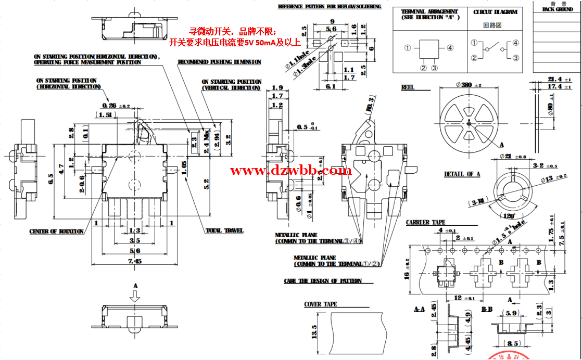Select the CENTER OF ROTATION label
point(56,232)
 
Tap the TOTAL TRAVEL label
point(224,230)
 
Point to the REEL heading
point(408,87)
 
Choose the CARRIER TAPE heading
point(425,223)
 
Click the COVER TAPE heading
point(320,304)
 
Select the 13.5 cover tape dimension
point(314,332)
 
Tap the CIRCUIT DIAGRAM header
point(495,11)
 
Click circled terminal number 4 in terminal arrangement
point(450,48)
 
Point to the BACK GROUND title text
point(557,9)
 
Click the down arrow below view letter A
point(135,296)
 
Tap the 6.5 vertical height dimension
point(50,179)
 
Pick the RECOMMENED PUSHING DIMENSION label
point(219,62)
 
